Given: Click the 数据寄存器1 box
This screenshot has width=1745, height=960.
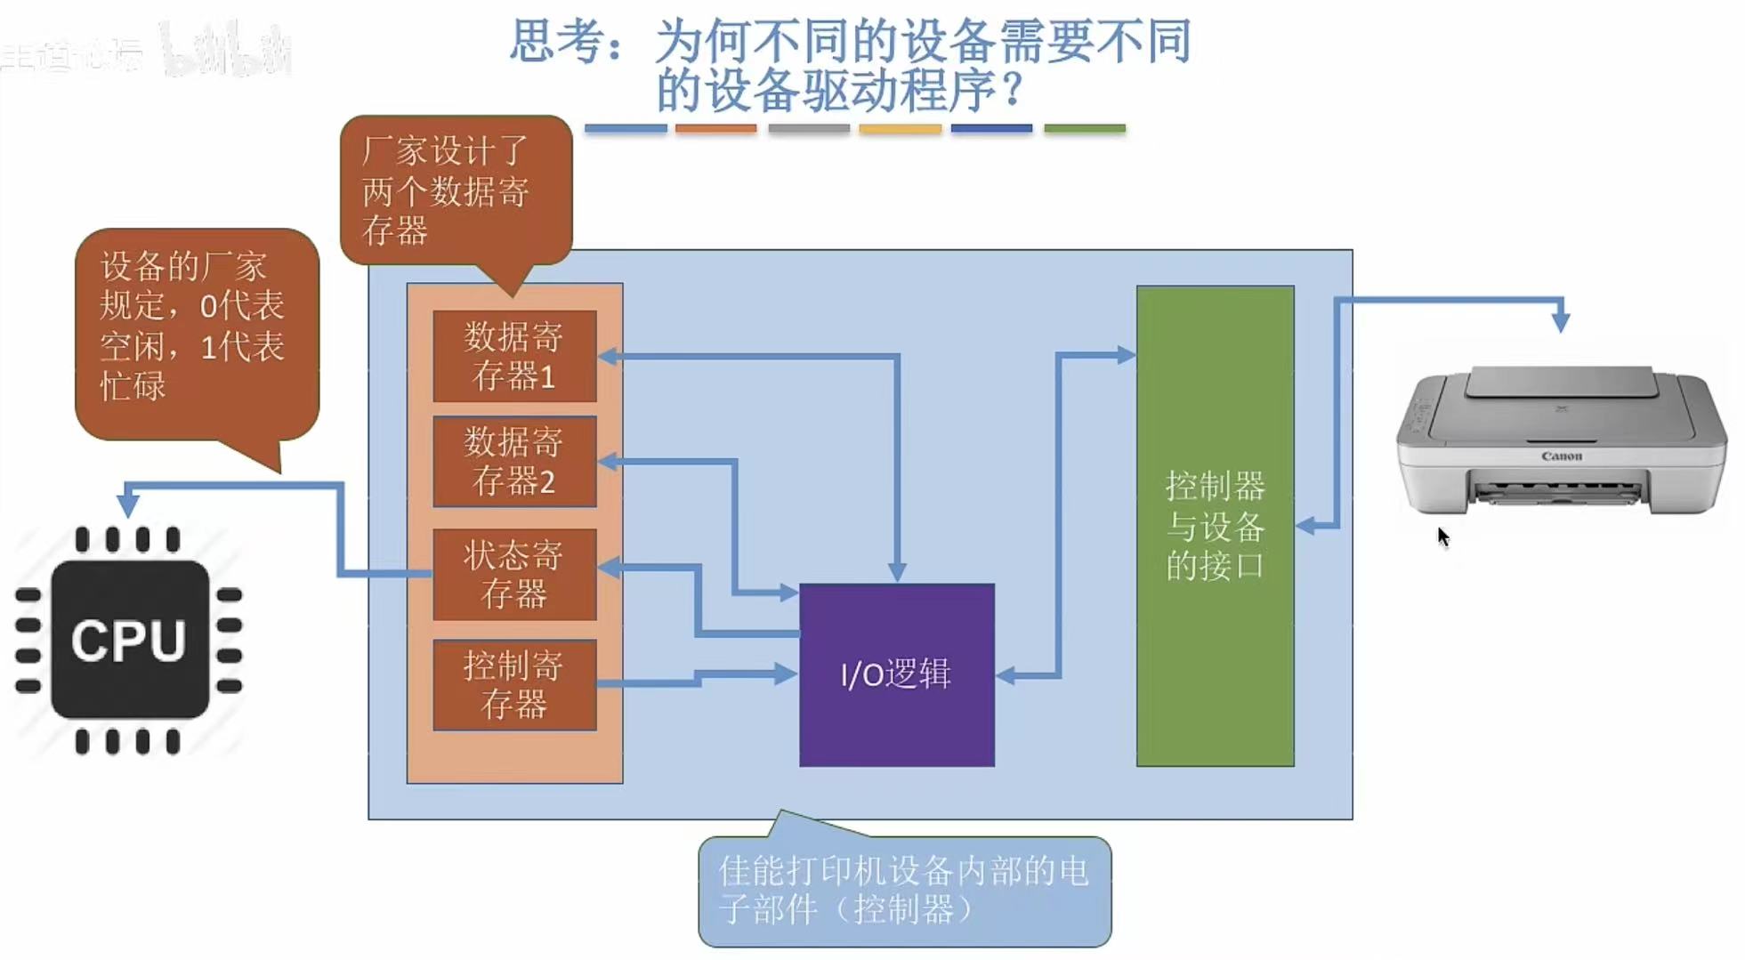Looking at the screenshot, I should [514, 356].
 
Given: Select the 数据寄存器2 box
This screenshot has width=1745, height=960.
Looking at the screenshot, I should [514, 461].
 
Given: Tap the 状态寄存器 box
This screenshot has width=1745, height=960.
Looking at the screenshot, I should [514, 574].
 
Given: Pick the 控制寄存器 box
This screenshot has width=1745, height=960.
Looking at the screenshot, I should [514, 684].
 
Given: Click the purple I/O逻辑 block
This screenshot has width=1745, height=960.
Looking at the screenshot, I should [896, 674].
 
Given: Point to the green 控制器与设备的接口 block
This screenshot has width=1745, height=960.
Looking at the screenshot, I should [1215, 525].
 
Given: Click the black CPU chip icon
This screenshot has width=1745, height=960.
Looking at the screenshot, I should [130, 639].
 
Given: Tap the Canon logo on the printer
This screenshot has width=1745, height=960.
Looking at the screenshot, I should [1561, 456].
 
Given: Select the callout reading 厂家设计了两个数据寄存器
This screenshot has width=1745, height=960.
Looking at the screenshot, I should [455, 190].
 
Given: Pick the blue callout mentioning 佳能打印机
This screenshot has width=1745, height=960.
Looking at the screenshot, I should [904, 890].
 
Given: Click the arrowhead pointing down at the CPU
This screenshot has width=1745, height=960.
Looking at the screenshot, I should [128, 504].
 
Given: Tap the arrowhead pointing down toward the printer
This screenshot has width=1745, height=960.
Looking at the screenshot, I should [1560, 321].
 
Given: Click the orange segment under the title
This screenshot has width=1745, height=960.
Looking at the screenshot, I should [715, 129].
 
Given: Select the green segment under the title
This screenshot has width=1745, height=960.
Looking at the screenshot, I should [1084, 129].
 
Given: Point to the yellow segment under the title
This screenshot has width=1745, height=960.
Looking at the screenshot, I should [900, 129].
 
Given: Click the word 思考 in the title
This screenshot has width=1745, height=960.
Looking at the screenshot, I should [545, 42].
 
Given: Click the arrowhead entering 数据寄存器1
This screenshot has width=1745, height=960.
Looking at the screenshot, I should [610, 357].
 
